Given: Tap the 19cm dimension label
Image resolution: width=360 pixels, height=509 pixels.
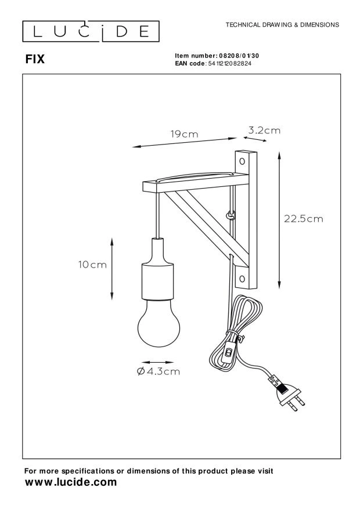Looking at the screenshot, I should point(184,134).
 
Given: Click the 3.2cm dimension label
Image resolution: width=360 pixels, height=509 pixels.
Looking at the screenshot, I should point(264,131).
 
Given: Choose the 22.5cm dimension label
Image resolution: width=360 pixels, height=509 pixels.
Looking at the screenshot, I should point(303,219).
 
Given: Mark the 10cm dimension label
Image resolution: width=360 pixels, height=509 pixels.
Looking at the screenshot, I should point(92,265).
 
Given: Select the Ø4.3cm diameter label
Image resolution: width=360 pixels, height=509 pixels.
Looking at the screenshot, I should point(158,372).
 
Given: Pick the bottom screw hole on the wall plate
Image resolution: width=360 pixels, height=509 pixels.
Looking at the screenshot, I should point(242,277).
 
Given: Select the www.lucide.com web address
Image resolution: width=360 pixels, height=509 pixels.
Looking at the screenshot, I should point(70,482).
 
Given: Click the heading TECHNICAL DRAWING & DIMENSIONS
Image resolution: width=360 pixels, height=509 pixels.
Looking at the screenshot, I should point(282,25).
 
